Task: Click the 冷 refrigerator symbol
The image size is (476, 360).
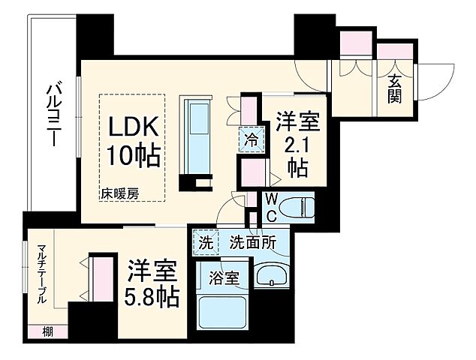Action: pyautogui.click(x=250, y=139)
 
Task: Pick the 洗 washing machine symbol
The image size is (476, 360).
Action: pyautogui.click(x=205, y=243)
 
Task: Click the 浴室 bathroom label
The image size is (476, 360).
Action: pyautogui.click(x=225, y=277)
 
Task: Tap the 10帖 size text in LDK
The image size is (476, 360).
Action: pyautogui.click(x=132, y=155)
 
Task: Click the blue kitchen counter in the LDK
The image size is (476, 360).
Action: pyautogui.click(x=200, y=135)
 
